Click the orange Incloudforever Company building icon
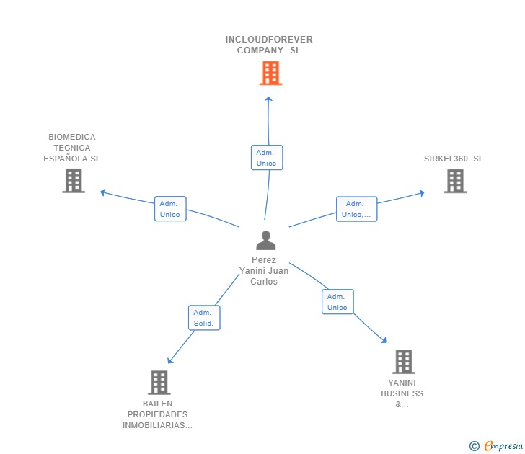270,73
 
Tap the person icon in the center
266,241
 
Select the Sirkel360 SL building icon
455,181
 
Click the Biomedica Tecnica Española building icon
74,181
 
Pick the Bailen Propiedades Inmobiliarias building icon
159,383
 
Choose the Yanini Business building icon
403,362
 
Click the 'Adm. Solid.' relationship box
204,318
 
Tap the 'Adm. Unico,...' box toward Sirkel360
356,209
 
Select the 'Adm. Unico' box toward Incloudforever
267,158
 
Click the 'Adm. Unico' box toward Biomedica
170,209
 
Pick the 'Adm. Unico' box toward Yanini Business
337,302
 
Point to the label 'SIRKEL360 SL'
454,159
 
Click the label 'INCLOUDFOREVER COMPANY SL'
269,45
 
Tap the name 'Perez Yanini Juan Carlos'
264,271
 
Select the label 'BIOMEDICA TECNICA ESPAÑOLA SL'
72,148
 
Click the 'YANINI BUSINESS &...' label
402,393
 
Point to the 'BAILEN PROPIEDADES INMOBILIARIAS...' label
157,414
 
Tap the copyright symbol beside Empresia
475,446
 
